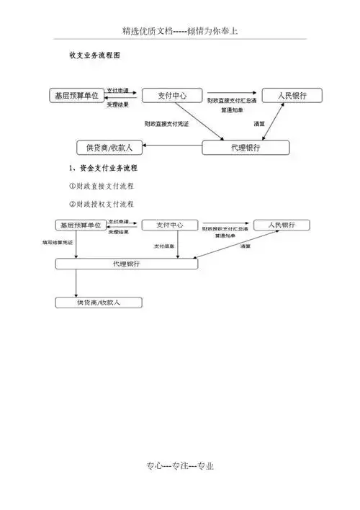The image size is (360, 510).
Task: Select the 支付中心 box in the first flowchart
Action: pyautogui.click(x=170, y=95)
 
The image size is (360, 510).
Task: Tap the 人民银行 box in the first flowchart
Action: pyautogui.click(x=292, y=95)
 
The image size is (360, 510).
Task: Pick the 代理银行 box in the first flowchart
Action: pyautogui.click(x=246, y=148)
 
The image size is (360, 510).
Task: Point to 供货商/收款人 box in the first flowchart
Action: pyautogui.click(x=109, y=148)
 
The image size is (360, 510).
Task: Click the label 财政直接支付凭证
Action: pyautogui.click(x=166, y=124)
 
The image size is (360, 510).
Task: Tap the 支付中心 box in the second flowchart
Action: pyautogui.click(x=171, y=225)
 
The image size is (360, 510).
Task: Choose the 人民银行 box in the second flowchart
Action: pyautogui.click(x=282, y=225)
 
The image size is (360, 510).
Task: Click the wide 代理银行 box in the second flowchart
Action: pyautogui.click(x=127, y=264)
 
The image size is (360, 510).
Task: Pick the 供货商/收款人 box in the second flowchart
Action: pyautogui.click(x=99, y=303)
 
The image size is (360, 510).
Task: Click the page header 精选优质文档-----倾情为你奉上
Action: pyautogui.click(x=180, y=32)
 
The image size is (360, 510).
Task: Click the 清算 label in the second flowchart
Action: pyautogui.click(x=246, y=246)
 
